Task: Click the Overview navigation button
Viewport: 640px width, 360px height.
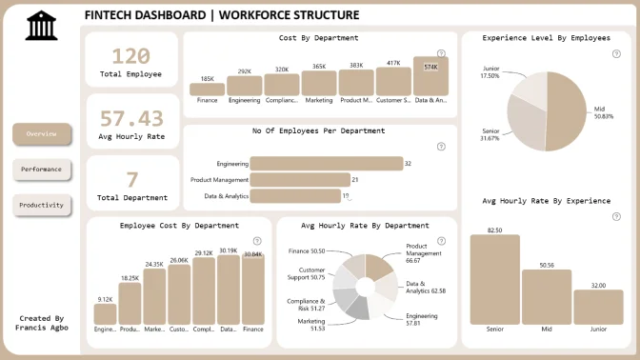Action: [x=42, y=134]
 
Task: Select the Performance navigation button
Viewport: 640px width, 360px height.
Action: [x=42, y=170]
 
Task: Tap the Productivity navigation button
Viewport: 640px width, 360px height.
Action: [x=42, y=205]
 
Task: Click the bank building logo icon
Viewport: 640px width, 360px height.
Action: [x=42, y=26]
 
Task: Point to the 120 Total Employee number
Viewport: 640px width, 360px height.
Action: [x=130, y=56]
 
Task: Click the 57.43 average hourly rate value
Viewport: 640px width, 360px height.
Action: [x=131, y=118]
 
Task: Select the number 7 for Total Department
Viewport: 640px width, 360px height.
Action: [x=131, y=179]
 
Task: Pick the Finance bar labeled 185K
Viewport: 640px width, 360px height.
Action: [x=207, y=90]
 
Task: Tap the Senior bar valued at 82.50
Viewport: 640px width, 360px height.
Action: [x=494, y=280]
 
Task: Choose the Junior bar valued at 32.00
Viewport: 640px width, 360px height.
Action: [x=598, y=308]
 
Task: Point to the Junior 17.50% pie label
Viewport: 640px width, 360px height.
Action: [x=490, y=72]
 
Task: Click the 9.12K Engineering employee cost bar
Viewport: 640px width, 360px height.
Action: [x=106, y=314]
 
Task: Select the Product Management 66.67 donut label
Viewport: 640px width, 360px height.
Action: [x=423, y=253]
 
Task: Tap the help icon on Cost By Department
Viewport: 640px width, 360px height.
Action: [x=441, y=53]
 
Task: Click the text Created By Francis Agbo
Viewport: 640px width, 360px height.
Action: [x=42, y=323]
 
